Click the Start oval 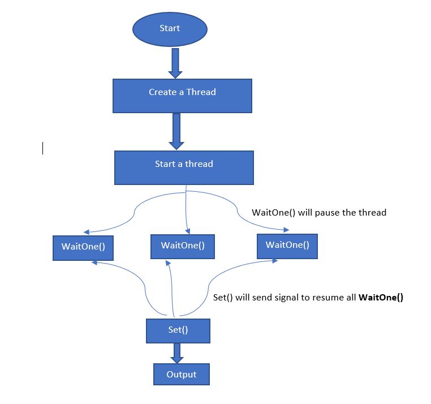(170, 28)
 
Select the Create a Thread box (182, 95)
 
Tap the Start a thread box (184, 167)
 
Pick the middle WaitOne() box (183, 246)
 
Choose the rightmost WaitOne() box (287, 246)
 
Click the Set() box (178, 330)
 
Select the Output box (182, 375)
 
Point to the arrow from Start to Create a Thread (175, 63)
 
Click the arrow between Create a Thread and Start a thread (176, 130)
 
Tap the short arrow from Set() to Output (178, 353)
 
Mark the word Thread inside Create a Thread (202, 92)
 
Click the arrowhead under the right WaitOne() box (275, 260)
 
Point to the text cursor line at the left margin (43, 148)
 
